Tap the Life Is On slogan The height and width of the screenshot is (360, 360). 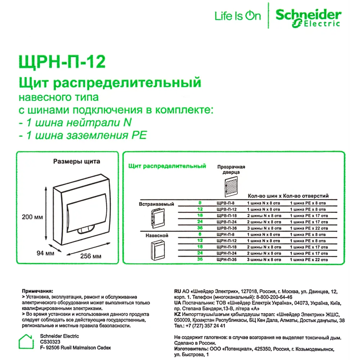238,16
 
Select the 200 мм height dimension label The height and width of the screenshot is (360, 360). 32,217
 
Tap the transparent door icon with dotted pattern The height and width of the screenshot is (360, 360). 231,187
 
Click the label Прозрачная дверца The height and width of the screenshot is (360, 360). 231,170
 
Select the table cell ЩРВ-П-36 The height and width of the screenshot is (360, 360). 226,228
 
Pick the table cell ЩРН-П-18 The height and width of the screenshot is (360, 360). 226,247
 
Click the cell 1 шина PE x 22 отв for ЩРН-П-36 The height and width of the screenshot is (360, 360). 309,260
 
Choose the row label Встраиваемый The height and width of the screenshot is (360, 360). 156,204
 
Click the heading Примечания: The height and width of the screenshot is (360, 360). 37,290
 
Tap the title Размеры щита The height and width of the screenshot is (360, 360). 77,162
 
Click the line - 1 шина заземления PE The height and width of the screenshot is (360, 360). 83,135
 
